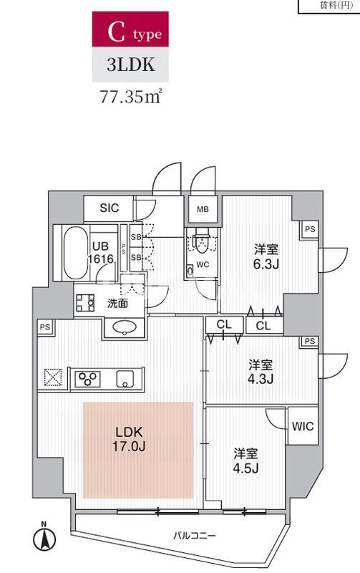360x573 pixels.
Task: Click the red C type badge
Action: coord(130,29)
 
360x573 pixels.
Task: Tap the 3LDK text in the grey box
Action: coord(130,64)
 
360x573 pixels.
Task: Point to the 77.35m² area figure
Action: coord(131,97)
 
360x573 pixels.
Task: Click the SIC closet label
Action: coord(110,208)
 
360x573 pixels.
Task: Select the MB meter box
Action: coord(203,209)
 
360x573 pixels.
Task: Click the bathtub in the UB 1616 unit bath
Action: coord(76,253)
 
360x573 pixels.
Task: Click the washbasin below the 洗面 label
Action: coord(125,327)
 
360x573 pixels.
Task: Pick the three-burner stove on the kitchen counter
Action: coord(87,379)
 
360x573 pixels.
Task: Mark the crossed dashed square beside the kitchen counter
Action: coord(53,377)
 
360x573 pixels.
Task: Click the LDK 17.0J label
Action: coord(129,438)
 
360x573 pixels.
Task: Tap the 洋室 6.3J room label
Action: coord(266,256)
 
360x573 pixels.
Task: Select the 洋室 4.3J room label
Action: coord(261,372)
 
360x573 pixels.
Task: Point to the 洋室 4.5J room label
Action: coord(245,461)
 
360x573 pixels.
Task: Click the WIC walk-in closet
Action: coord(303,426)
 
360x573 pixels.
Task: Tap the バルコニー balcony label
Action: coord(194,536)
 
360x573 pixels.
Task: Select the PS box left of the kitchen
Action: coord(45,327)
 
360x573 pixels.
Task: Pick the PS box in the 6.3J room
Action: coord(310,229)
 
